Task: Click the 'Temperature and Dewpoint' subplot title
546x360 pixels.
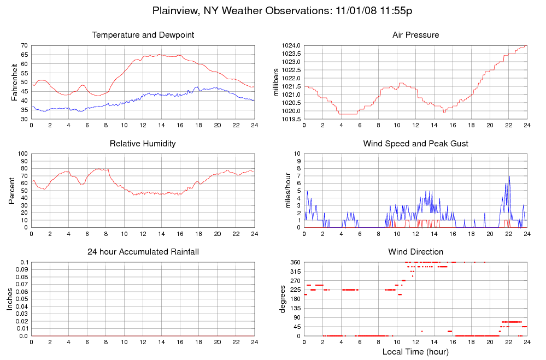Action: (x=143, y=35)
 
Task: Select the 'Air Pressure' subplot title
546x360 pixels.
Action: (x=415, y=35)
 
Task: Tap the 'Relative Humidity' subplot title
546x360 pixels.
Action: (x=143, y=144)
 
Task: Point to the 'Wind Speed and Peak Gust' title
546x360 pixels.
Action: (x=415, y=144)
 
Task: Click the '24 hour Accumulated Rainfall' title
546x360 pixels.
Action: (x=143, y=252)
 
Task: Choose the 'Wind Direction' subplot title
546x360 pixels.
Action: (x=415, y=252)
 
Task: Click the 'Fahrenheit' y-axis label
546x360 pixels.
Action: (x=14, y=82)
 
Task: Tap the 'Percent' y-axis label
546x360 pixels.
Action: (x=12, y=190)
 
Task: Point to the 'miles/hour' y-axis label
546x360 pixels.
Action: (x=283, y=190)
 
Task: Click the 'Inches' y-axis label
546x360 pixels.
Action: (x=9, y=299)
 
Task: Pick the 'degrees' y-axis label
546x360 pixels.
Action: (x=283, y=299)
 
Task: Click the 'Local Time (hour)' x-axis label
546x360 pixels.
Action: (x=415, y=352)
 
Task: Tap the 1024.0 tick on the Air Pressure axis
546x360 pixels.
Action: (x=290, y=45)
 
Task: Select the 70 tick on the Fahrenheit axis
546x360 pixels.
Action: (x=24, y=45)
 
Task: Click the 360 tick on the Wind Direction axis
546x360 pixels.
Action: (x=294, y=262)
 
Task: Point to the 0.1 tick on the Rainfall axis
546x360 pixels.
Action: (x=24, y=262)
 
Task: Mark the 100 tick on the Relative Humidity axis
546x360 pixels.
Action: (x=22, y=154)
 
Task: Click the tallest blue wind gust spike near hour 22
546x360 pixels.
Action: (x=509, y=176)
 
